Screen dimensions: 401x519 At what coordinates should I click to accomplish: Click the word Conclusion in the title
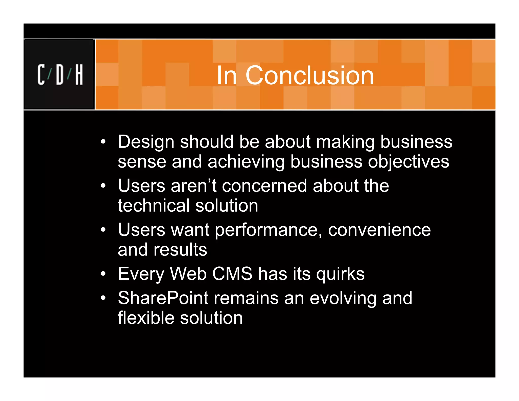coord(309,75)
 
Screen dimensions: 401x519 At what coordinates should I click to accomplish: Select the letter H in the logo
coord(79,75)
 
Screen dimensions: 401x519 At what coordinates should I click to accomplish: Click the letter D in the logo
coord(60,75)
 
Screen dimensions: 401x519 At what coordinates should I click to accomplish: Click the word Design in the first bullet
coord(146,142)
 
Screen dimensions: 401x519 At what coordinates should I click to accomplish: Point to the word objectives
coord(409,162)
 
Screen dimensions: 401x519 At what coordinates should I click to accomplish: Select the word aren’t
coord(194,186)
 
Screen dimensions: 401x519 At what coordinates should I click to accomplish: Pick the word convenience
coord(379,230)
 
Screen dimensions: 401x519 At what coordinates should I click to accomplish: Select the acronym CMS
coord(232,274)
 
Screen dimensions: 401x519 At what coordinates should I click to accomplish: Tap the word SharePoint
coord(163,298)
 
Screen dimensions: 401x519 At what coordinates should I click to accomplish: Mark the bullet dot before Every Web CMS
coord(103,274)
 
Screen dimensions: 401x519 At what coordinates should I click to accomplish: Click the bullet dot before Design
coord(103,142)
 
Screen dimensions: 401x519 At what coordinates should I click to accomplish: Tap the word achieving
coord(246,162)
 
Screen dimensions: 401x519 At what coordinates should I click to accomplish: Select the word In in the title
coord(227,75)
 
